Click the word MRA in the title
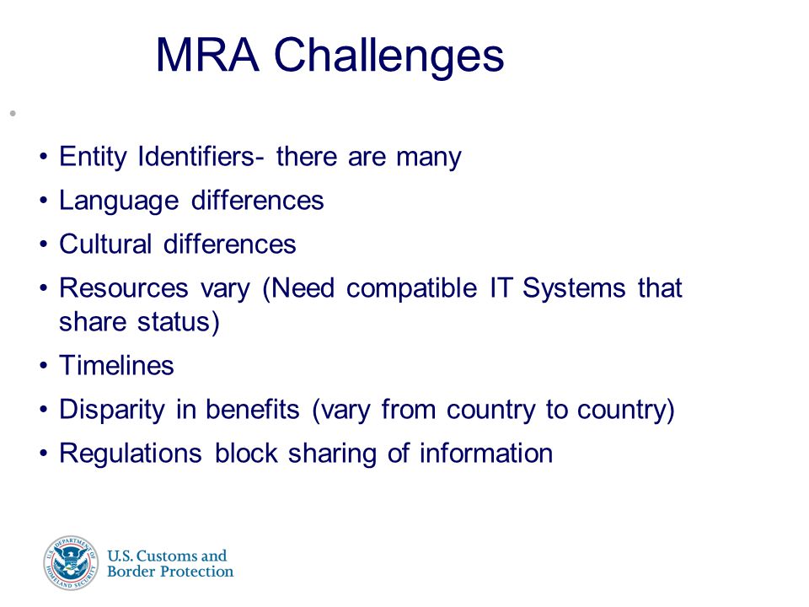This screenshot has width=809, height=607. (207, 55)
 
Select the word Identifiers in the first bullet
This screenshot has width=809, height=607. (196, 156)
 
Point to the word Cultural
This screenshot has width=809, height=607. (106, 244)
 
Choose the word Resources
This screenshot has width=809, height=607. (124, 288)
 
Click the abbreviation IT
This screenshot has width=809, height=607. (501, 288)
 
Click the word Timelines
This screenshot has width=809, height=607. (116, 365)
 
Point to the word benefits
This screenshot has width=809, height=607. (252, 410)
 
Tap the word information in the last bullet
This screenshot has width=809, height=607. (486, 454)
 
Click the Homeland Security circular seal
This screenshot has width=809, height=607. (71, 563)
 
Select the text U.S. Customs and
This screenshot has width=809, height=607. (167, 556)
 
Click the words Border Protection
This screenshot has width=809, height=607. (170, 572)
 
